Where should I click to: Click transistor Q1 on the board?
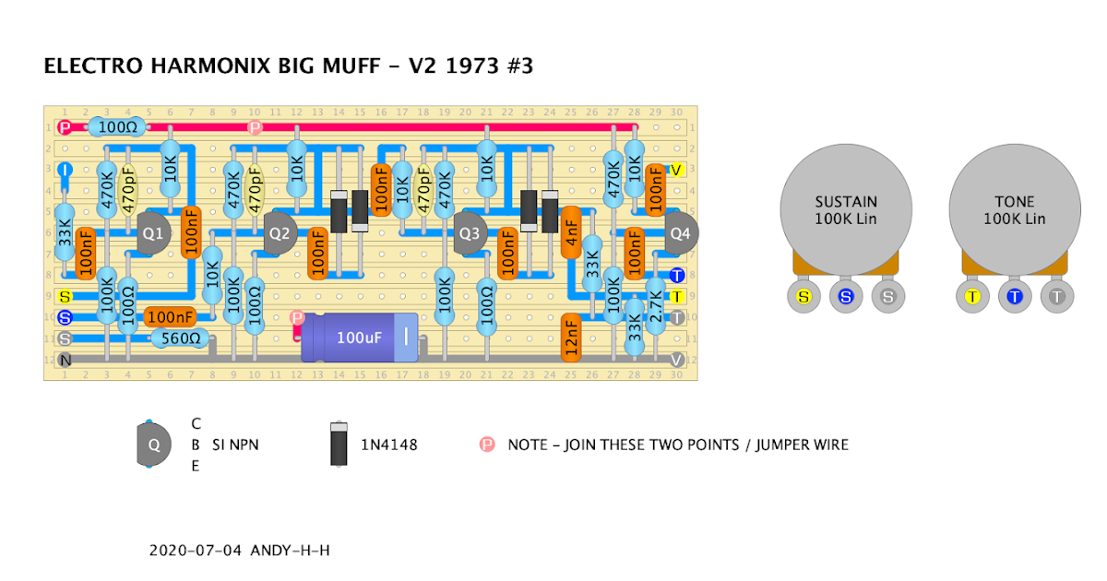point(153,233)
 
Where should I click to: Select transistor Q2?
point(280,233)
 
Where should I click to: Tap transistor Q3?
point(470,233)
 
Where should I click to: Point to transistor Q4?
point(681,233)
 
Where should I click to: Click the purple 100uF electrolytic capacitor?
point(360,338)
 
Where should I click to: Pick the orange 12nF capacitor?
point(571,338)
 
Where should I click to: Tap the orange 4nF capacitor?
point(571,232)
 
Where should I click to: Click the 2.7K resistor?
point(656,306)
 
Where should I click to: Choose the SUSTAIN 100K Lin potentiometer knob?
point(846,210)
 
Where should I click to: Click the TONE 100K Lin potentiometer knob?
point(1015,210)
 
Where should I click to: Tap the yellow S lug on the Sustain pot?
point(804,296)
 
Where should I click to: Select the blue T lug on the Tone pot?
point(1015,296)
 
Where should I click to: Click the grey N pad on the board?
point(65,361)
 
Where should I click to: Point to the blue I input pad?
point(65,170)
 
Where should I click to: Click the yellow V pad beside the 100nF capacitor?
point(676,170)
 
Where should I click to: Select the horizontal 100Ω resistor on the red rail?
point(118,127)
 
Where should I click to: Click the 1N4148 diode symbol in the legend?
point(339,444)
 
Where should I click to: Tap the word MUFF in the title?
point(351,65)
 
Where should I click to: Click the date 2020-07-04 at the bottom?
point(196,551)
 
